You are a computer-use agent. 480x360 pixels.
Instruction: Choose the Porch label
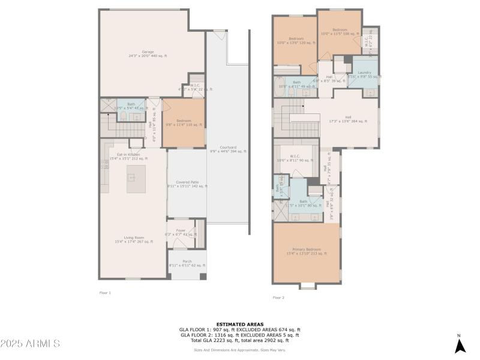point(187,263)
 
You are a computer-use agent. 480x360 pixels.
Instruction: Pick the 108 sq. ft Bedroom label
point(340,32)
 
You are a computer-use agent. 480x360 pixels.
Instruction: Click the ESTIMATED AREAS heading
point(239,324)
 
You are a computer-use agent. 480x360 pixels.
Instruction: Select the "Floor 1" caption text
point(105,292)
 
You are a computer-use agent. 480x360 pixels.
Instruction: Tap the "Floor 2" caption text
point(278,297)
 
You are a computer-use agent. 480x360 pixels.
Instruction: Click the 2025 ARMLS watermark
point(30,344)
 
